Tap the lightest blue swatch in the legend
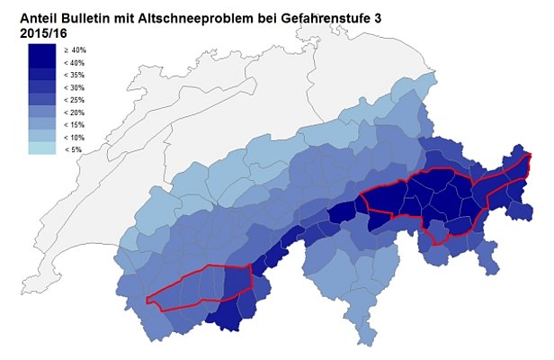click(41, 149)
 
